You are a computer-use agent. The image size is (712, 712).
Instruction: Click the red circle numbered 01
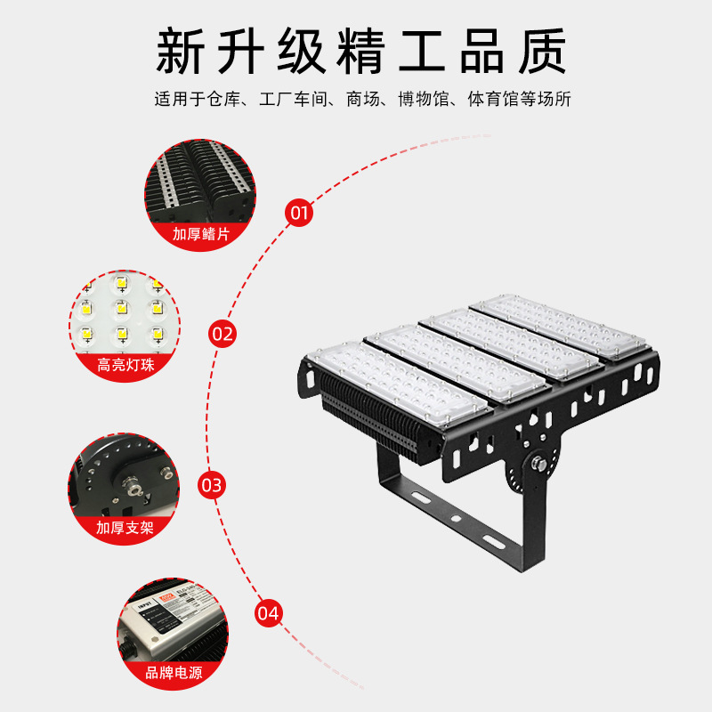[298, 213]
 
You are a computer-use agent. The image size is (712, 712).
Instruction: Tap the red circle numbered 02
[222, 335]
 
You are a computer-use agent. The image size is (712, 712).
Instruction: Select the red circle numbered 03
[212, 485]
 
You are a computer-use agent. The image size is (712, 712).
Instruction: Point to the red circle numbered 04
[268, 613]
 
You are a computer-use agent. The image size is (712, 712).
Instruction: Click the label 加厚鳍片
[200, 234]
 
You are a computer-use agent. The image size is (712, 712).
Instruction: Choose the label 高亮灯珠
[125, 365]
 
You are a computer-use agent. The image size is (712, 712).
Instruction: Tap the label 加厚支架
[125, 527]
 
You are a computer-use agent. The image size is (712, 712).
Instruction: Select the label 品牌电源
[174, 673]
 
